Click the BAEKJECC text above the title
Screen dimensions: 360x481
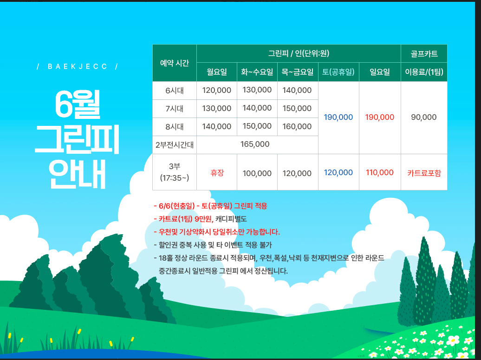coord(78,66)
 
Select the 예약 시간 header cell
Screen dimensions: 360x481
coord(175,63)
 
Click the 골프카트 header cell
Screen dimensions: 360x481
coord(424,54)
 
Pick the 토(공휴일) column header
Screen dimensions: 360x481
coord(338,72)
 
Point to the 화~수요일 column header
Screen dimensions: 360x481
coord(257,72)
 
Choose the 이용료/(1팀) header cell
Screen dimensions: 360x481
coord(424,72)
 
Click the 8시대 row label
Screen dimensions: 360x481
coord(175,126)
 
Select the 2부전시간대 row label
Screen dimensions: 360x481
coord(175,144)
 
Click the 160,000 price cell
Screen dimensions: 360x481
coord(297,126)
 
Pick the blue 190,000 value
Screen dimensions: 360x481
coord(338,118)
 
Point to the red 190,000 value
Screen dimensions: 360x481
coord(380,118)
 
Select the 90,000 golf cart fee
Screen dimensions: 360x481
coord(424,118)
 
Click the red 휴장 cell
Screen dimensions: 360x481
coord(217,172)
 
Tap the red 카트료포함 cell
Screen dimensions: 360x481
coord(424,173)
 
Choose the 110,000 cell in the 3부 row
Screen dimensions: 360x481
coord(380,172)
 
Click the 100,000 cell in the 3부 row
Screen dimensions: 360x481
coord(257,173)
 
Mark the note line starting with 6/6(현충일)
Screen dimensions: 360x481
coord(210,206)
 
